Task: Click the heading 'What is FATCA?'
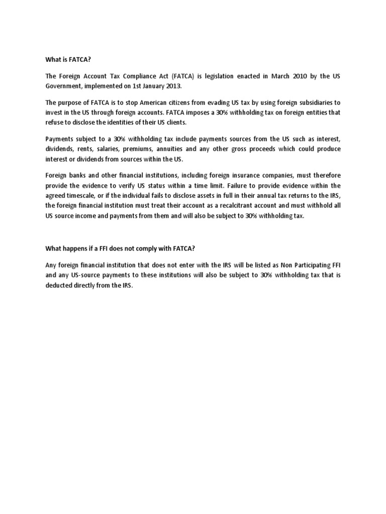(68, 59)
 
